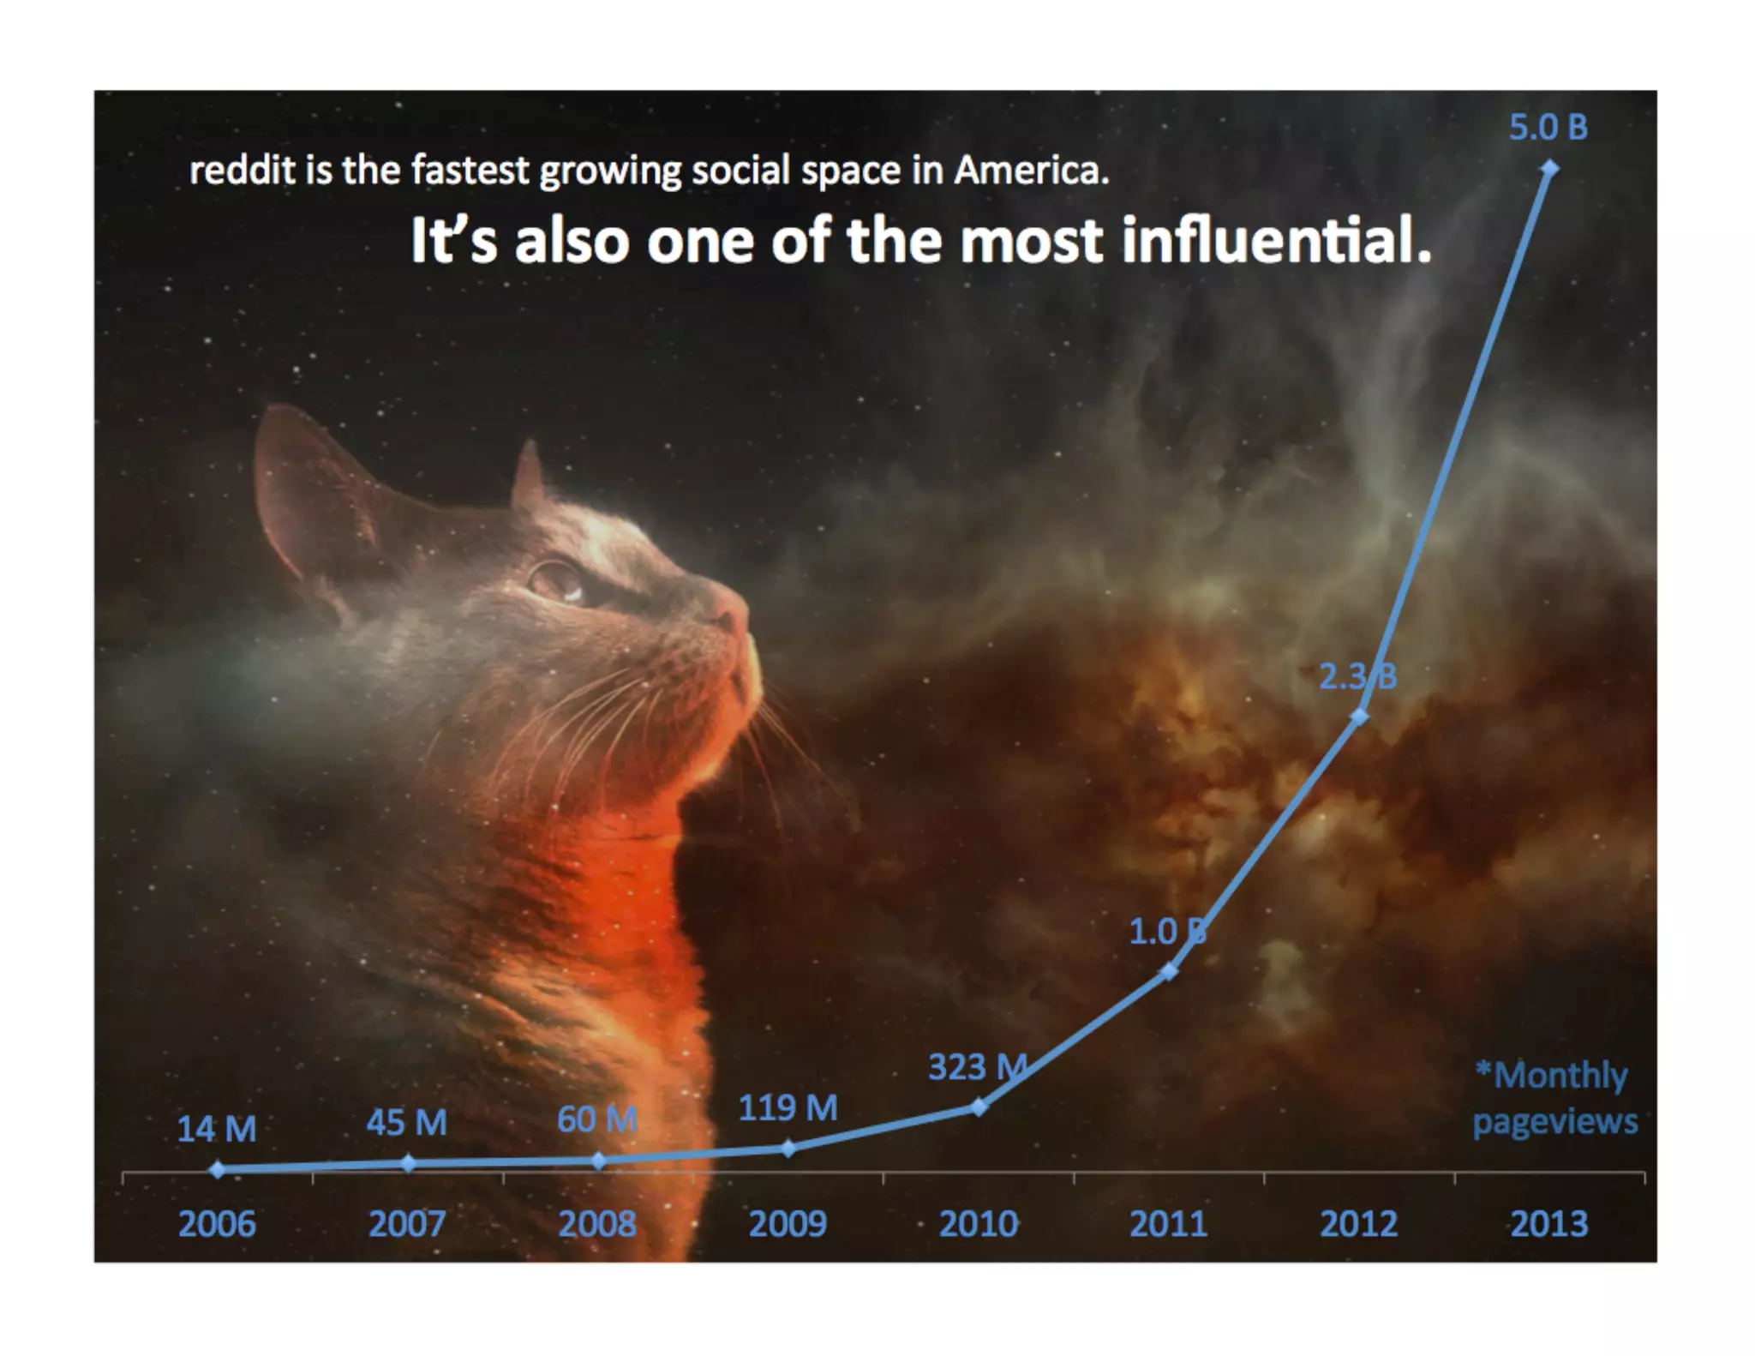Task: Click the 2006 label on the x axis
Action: tap(217, 1223)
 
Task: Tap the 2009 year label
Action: tap(788, 1223)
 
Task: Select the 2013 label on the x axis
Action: tap(1548, 1223)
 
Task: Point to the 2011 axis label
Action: tap(1168, 1223)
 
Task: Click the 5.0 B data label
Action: tap(1548, 128)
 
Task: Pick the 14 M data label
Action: tap(217, 1129)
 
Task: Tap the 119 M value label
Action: tap(788, 1108)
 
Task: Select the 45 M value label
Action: tap(407, 1123)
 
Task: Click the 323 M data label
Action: tap(977, 1067)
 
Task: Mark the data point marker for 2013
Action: tap(1549, 169)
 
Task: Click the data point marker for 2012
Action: tap(1359, 717)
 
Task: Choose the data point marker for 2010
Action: tap(979, 1107)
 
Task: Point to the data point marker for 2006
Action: tap(218, 1169)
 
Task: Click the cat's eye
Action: tap(554, 579)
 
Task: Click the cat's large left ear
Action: tap(300, 480)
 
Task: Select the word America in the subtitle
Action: tap(1032, 171)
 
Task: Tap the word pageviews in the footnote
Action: tap(1554, 1121)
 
